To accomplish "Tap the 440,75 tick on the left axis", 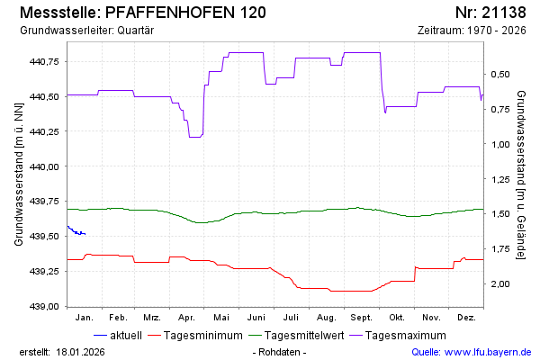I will point(44,61).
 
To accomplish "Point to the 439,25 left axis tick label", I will point(44,271).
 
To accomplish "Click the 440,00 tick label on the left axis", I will point(44,166).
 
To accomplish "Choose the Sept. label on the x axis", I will point(362,318).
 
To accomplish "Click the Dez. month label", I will point(466,318).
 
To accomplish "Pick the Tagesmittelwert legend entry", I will point(303,336).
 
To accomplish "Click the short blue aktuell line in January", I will point(76,231).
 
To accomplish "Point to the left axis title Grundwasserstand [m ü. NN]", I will point(19,175).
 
